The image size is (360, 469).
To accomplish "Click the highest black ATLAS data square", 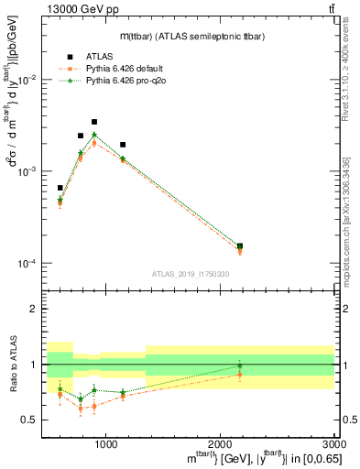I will [x=93, y=122].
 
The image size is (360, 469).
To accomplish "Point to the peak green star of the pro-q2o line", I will [x=93, y=135].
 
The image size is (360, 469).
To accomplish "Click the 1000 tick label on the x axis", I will [x=105, y=443].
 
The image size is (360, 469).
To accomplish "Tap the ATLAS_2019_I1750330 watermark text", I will [x=184, y=274].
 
